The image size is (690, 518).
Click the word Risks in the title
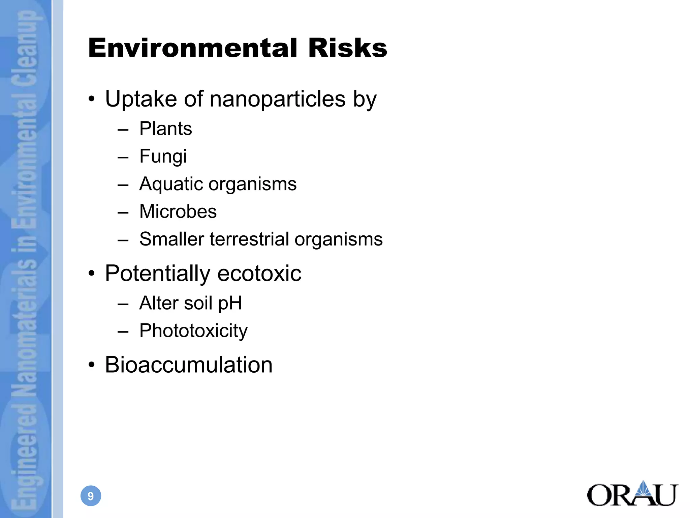[347, 48]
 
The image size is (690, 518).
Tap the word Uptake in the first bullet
[141, 99]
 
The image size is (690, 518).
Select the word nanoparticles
[278, 99]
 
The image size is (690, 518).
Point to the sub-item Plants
[165, 129]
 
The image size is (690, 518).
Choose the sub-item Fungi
[163, 156]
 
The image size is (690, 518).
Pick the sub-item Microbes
[178, 212]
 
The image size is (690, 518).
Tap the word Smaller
[172, 239]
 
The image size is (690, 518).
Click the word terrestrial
[249, 239]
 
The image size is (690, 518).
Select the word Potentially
[157, 273]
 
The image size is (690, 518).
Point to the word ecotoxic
[259, 273]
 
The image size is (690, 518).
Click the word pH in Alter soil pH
[230, 303]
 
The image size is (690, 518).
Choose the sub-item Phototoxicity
[193, 331]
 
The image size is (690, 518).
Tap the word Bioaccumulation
[189, 365]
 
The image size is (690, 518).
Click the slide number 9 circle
[91, 496]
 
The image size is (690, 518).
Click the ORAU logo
[632, 494]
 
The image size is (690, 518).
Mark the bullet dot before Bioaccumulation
[92, 365]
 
